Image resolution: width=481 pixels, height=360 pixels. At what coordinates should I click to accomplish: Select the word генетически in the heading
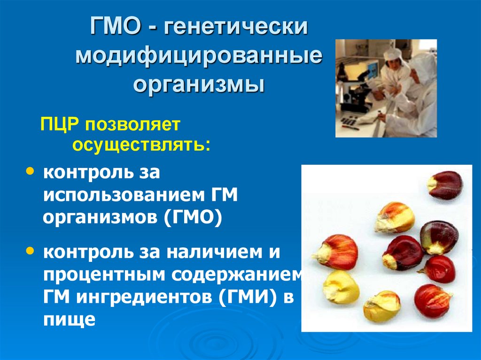coord(236,27)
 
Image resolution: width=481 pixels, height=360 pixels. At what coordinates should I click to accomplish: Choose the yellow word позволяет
coord(132,126)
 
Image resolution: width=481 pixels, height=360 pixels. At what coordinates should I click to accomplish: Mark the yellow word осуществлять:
coord(141,144)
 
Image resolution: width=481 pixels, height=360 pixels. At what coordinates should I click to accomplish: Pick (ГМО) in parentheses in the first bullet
coord(193,217)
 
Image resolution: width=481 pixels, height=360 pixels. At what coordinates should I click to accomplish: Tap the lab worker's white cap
coord(393,54)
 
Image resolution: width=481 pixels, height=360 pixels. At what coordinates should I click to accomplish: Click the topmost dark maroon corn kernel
coord(445,185)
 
